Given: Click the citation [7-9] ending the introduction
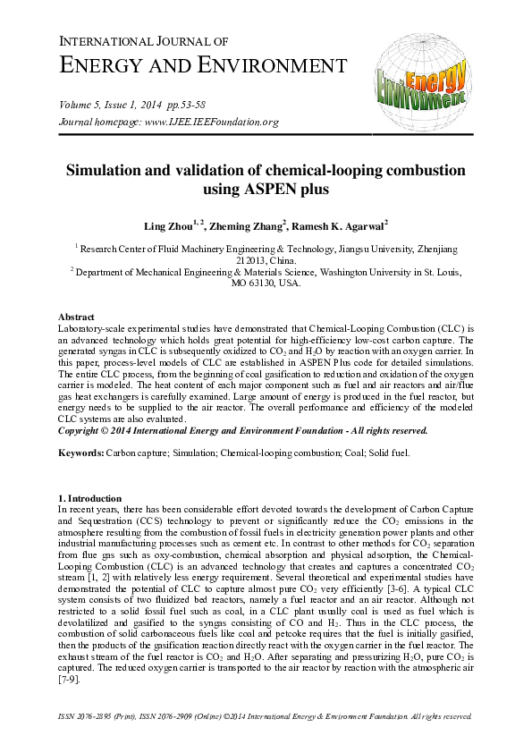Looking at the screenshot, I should point(71,681).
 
